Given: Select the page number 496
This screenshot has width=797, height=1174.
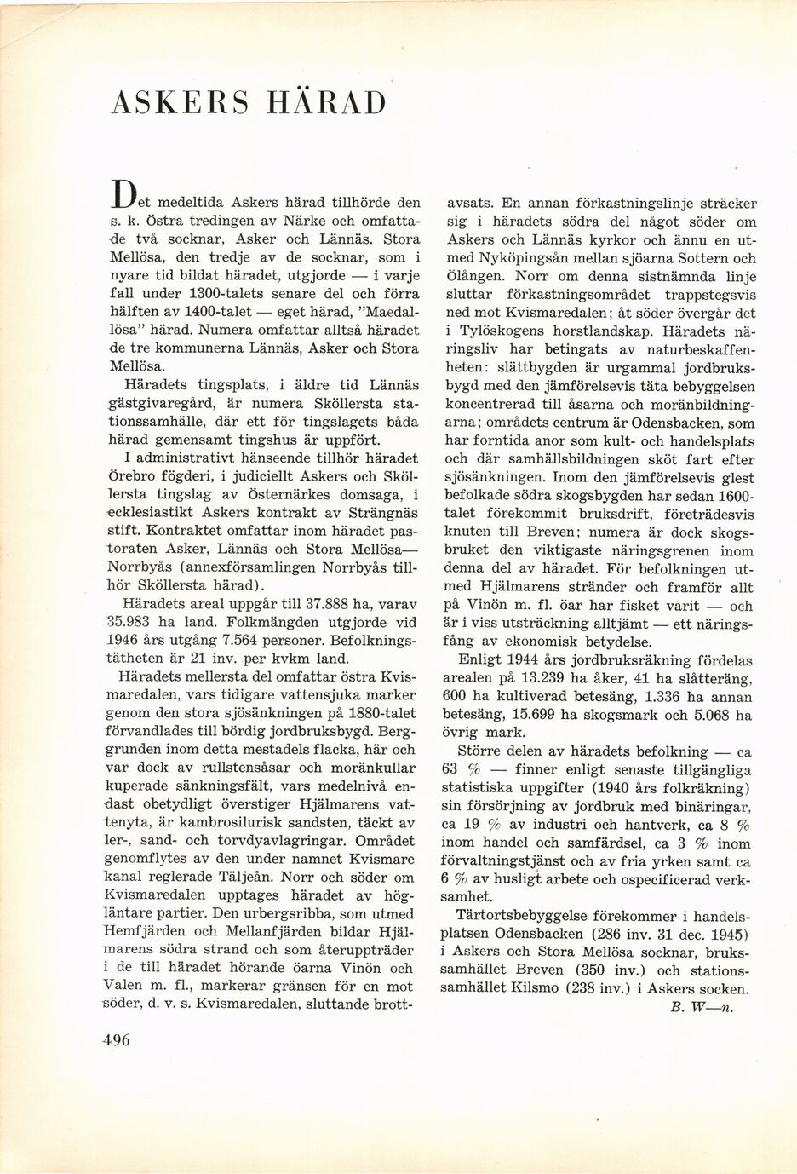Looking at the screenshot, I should pos(119,1041).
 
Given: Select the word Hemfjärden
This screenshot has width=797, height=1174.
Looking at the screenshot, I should pos(149,930).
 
